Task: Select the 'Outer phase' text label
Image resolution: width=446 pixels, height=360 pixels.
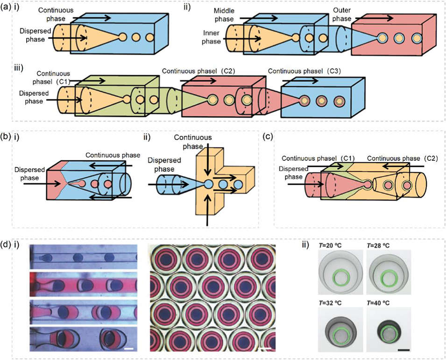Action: point(341,14)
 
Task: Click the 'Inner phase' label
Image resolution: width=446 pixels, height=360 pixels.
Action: point(212,37)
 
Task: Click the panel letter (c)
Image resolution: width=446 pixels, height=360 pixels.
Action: point(269,137)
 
